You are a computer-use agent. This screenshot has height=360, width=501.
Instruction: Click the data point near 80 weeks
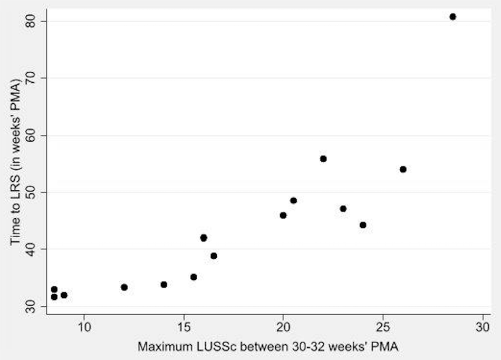pyautogui.click(x=452, y=17)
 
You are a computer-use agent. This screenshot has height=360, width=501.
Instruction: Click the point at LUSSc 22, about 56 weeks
pyautogui.click(x=323, y=159)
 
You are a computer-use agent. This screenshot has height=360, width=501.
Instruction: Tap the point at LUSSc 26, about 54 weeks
pyautogui.click(x=403, y=169)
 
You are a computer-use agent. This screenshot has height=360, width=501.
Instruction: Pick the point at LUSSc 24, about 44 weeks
pyautogui.click(x=363, y=225)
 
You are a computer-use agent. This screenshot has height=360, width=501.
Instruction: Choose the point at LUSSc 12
pyautogui.click(x=124, y=287)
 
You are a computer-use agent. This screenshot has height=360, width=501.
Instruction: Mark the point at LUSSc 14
pyautogui.click(x=163, y=285)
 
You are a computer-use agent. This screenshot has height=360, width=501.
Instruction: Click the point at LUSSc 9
pyautogui.click(x=64, y=295)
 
